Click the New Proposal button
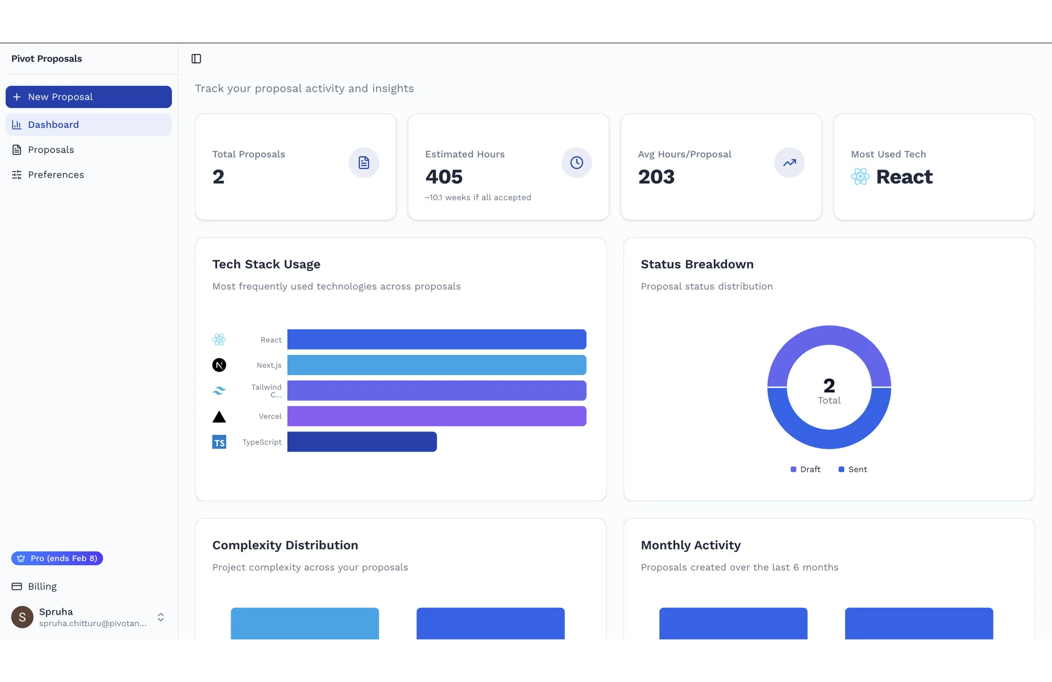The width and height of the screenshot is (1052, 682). pyautogui.click(x=88, y=97)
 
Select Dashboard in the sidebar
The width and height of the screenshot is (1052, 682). pyautogui.click(x=88, y=125)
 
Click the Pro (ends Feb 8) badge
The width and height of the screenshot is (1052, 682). pyautogui.click(x=57, y=558)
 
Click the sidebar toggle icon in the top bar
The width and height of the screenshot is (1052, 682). pyautogui.click(x=196, y=59)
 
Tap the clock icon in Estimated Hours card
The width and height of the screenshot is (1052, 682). pyautogui.click(x=576, y=162)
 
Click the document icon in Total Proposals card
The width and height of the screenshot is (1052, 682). pyautogui.click(x=363, y=162)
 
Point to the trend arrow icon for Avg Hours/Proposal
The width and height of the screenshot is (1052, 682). pyautogui.click(x=790, y=162)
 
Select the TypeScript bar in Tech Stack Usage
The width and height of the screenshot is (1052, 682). pyautogui.click(x=362, y=442)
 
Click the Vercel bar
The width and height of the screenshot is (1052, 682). pyautogui.click(x=437, y=416)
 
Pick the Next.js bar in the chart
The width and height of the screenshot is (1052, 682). pyautogui.click(x=437, y=365)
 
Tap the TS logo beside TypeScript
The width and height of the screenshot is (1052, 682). pyautogui.click(x=219, y=442)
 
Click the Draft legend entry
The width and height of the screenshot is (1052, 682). pyautogui.click(x=805, y=470)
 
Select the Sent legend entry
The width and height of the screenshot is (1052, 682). pyautogui.click(x=853, y=470)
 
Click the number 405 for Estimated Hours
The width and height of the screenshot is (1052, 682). pyautogui.click(x=444, y=177)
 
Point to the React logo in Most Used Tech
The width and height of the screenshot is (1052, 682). pyautogui.click(x=861, y=177)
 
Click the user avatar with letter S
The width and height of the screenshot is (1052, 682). pyautogui.click(x=22, y=617)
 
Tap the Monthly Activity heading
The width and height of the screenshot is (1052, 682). pyautogui.click(x=691, y=545)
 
